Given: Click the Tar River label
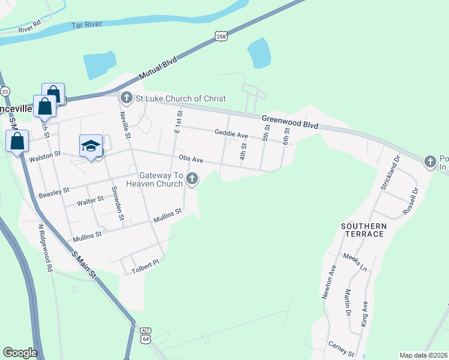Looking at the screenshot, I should tap(87, 25).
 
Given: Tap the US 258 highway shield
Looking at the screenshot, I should tap(221, 37).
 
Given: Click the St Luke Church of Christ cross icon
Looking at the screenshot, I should tap(126, 98).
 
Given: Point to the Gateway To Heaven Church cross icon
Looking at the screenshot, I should tap(192, 178).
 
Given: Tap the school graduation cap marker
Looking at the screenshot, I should tap(91, 145).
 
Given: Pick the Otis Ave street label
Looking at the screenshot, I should tap(191, 159).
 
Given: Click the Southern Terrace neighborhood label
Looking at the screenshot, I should tap(363, 229).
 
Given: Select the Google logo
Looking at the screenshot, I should tap(19, 353).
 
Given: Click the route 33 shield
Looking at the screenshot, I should tap(5, 91).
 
